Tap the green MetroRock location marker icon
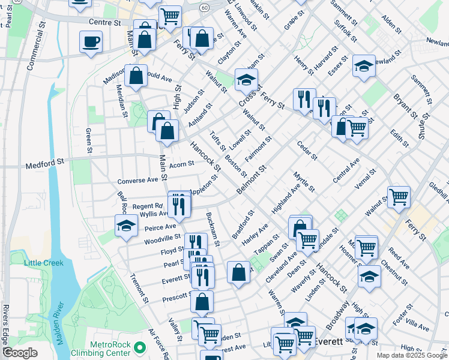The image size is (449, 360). click(140, 347)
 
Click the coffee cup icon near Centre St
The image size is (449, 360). click(91, 41)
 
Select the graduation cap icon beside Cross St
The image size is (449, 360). click(246, 79)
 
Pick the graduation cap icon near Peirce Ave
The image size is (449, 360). click(126, 226)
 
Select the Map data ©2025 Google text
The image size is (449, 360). click(411, 355)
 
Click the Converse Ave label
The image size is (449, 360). click(137, 179)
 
